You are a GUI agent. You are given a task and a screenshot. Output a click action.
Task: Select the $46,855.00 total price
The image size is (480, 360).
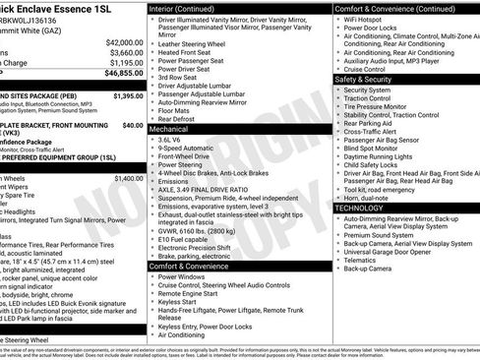click(x=124, y=73)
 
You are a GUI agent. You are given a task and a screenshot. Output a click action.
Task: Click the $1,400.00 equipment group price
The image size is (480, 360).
click(x=128, y=179)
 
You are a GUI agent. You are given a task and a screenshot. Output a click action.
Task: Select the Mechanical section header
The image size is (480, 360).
click(x=169, y=129)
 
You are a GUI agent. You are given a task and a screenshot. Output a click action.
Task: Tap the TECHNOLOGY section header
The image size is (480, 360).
click(x=366, y=209)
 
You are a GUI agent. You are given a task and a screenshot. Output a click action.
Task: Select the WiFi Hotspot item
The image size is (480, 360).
click(x=369, y=18)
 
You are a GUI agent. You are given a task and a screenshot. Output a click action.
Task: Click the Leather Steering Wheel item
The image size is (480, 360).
click(x=197, y=44)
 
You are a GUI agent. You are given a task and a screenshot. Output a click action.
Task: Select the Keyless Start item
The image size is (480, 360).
click(x=182, y=301)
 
